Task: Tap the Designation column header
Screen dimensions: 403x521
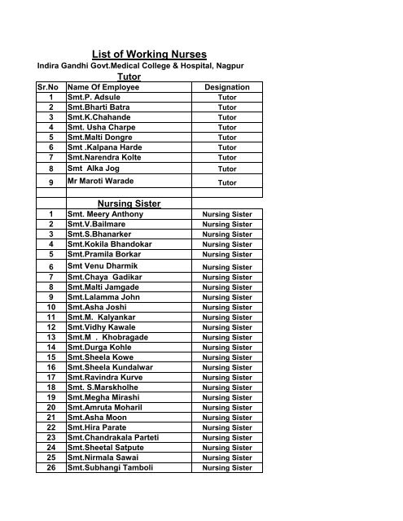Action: (x=227, y=87)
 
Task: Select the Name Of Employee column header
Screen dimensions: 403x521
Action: (x=103, y=87)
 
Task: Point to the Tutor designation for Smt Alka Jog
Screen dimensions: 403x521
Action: (x=227, y=169)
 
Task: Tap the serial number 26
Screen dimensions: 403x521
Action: (x=50, y=468)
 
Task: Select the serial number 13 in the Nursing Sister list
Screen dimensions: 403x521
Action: (x=50, y=336)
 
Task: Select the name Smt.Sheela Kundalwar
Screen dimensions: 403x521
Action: (x=108, y=366)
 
